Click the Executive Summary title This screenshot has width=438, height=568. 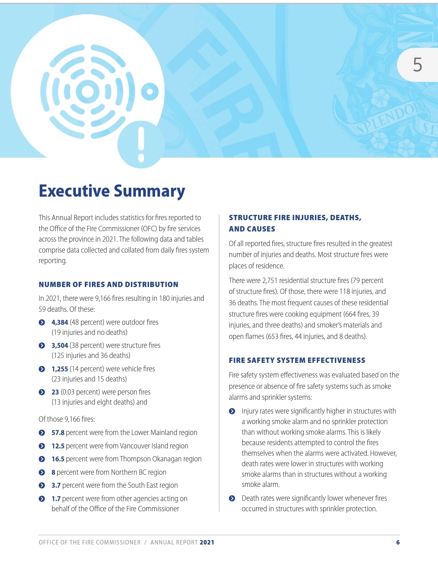coord(112,191)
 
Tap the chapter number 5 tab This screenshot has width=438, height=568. coord(418,65)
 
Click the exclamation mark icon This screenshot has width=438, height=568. coord(141,145)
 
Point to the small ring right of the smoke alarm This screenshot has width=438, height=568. coord(150,92)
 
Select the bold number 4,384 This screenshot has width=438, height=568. coord(60,322)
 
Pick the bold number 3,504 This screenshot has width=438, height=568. coord(60,345)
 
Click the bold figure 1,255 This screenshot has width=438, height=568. coord(60,369)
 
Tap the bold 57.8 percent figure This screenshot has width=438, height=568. coord(58,433)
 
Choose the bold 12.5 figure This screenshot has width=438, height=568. coord(58,446)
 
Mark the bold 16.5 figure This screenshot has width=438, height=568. coord(58,459)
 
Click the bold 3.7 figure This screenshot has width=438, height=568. coord(56,485)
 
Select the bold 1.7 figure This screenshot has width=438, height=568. coord(56,499)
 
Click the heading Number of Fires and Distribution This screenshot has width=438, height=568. coord(108,285)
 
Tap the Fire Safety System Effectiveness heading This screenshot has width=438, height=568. coord(297,360)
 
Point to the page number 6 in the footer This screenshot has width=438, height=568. coord(398,542)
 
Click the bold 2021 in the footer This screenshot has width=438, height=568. coord(207,542)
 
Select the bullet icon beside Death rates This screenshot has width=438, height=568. coord(232,498)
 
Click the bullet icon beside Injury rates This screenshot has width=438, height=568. coord(232,411)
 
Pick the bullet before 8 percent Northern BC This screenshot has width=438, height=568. coord(42,472)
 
